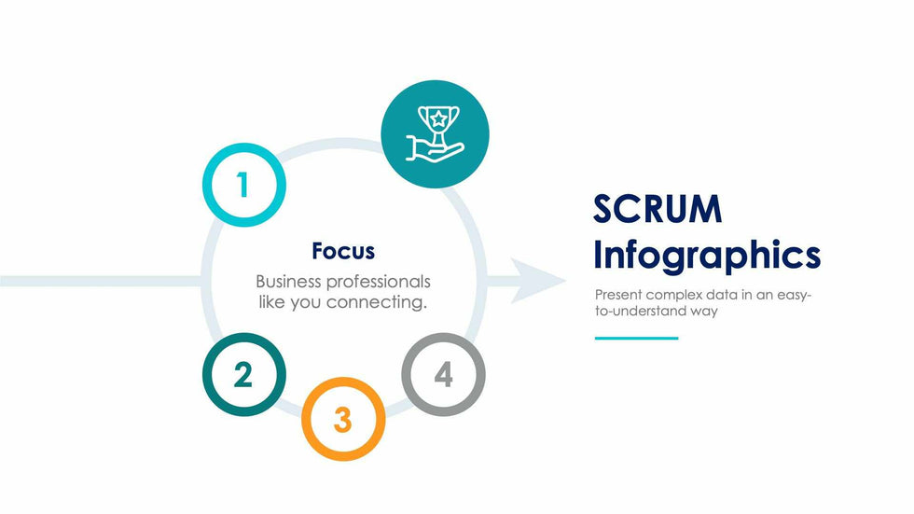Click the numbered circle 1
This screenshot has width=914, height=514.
pyautogui.click(x=243, y=185)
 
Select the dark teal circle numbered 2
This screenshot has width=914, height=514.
pyautogui.click(x=243, y=374)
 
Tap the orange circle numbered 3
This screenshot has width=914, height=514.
pyautogui.click(x=343, y=420)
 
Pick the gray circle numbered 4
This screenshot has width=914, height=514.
pyautogui.click(x=443, y=375)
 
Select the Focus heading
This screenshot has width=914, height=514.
pyautogui.click(x=343, y=251)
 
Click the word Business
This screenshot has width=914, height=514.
pyautogui.click(x=289, y=281)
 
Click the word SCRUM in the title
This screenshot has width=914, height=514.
pyautogui.click(x=658, y=209)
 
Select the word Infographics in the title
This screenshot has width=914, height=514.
pyautogui.click(x=707, y=255)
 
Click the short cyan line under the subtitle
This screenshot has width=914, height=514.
pyautogui.click(x=637, y=338)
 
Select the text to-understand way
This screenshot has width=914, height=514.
pyautogui.click(x=657, y=312)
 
